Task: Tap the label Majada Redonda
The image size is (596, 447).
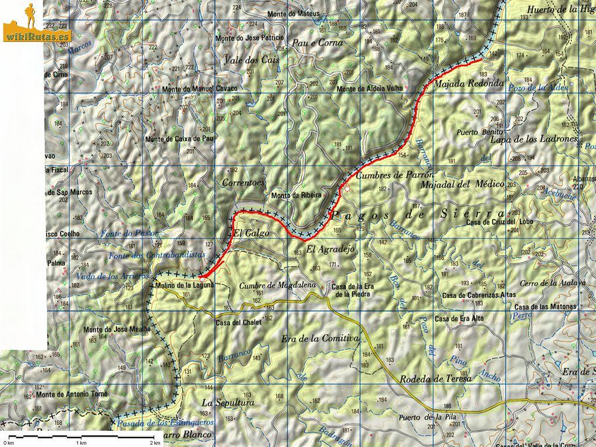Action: (469, 83)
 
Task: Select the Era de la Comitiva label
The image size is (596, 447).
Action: (319, 338)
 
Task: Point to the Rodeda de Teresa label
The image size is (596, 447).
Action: (436, 378)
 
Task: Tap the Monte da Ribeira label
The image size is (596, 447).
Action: (296, 196)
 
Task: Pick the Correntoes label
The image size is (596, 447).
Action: (243, 182)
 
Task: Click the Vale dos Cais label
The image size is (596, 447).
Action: (251, 60)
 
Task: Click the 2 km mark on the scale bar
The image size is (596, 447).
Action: (154, 442)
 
